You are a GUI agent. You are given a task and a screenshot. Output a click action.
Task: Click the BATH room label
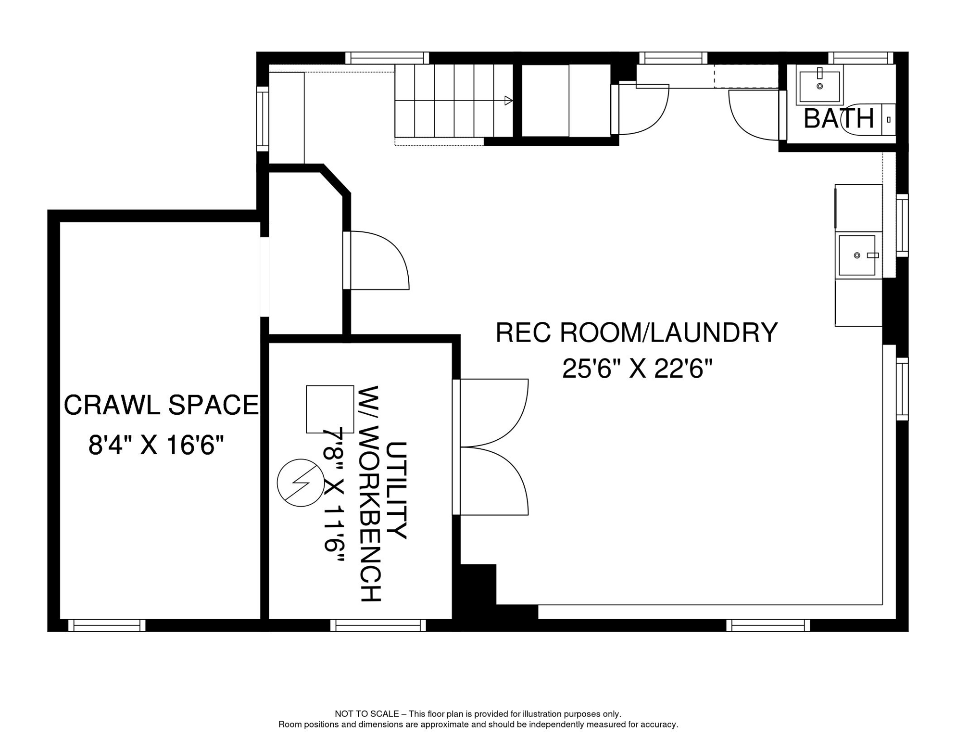[x=838, y=119]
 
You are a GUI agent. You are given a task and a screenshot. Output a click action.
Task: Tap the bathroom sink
[x=819, y=86]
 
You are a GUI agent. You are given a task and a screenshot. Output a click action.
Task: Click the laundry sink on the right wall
[x=857, y=255]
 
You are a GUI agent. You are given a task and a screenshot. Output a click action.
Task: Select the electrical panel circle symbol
[x=301, y=483]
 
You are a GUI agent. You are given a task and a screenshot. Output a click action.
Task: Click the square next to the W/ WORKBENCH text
[x=330, y=409]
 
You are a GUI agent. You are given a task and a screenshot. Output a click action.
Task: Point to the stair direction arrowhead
[x=508, y=101]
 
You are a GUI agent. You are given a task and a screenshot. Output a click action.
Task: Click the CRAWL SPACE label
[x=161, y=405]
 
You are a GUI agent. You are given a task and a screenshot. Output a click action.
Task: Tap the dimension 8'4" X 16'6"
[x=156, y=445]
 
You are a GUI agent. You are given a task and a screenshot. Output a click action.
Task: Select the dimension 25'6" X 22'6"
[x=637, y=369]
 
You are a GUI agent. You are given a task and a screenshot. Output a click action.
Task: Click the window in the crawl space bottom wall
[x=107, y=625]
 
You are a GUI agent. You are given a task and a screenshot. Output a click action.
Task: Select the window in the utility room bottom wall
[x=378, y=625]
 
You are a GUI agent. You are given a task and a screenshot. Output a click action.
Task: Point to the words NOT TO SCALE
[x=366, y=714]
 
